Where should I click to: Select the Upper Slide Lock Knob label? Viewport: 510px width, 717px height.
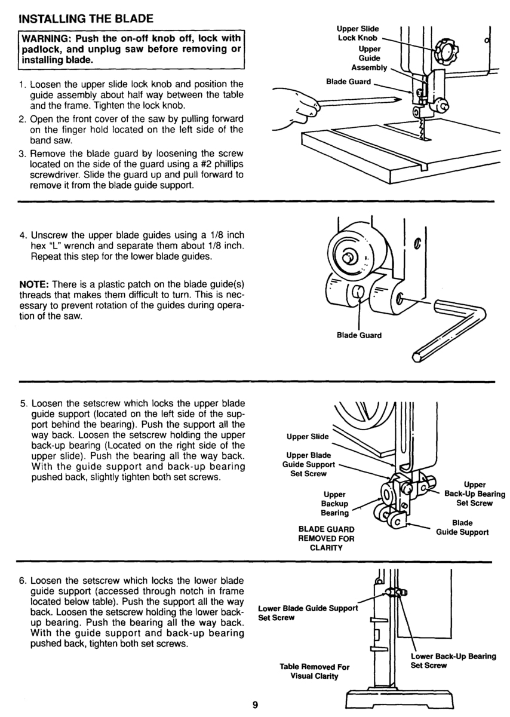tap(357, 33)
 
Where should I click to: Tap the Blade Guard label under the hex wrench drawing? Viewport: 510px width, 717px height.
tap(359, 335)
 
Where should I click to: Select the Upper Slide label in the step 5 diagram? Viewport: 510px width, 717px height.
tap(308, 436)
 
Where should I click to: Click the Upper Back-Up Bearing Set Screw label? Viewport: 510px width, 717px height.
tap(475, 494)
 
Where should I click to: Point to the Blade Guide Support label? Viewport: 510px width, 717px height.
tap(462, 527)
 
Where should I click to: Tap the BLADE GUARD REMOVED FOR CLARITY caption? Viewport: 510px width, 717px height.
tap(326, 539)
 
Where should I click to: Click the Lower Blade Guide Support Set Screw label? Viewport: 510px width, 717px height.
tap(308, 612)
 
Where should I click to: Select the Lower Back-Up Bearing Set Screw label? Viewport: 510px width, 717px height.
tap(453, 660)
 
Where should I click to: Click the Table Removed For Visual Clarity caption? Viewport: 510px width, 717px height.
tap(314, 671)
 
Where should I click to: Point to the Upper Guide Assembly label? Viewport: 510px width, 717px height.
tap(370, 59)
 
